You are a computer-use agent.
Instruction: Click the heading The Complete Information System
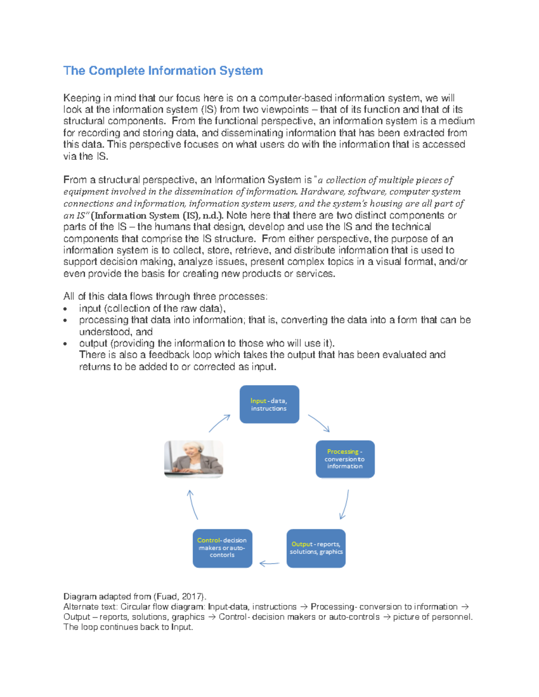[x=163, y=71]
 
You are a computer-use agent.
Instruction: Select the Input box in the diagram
[x=269, y=404]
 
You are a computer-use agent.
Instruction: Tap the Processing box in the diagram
[x=345, y=459]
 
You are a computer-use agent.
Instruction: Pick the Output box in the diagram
[x=316, y=548]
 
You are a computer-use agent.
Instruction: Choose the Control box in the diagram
[x=222, y=548]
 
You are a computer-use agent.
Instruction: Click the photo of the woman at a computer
[x=194, y=459]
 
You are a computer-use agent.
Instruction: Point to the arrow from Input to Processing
[x=319, y=423]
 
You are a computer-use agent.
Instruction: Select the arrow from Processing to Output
[x=345, y=504]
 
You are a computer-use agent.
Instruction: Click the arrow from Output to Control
[x=269, y=563]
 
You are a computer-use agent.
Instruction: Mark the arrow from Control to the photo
[x=192, y=504]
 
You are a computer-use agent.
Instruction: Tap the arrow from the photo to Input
[x=220, y=423]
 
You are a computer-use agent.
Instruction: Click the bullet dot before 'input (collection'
[x=66, y=309]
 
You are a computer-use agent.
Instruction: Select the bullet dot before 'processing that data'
[x=66, y=320]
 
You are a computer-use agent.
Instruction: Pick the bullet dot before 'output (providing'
[x=66, y=344]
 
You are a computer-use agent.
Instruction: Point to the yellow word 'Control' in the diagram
[x=208, y=540]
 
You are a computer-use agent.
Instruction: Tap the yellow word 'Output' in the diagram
[x=302, y=544]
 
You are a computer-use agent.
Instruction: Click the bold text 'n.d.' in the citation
[x=212, y=215]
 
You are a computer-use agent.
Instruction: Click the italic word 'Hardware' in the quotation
[x=318, y=192]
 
